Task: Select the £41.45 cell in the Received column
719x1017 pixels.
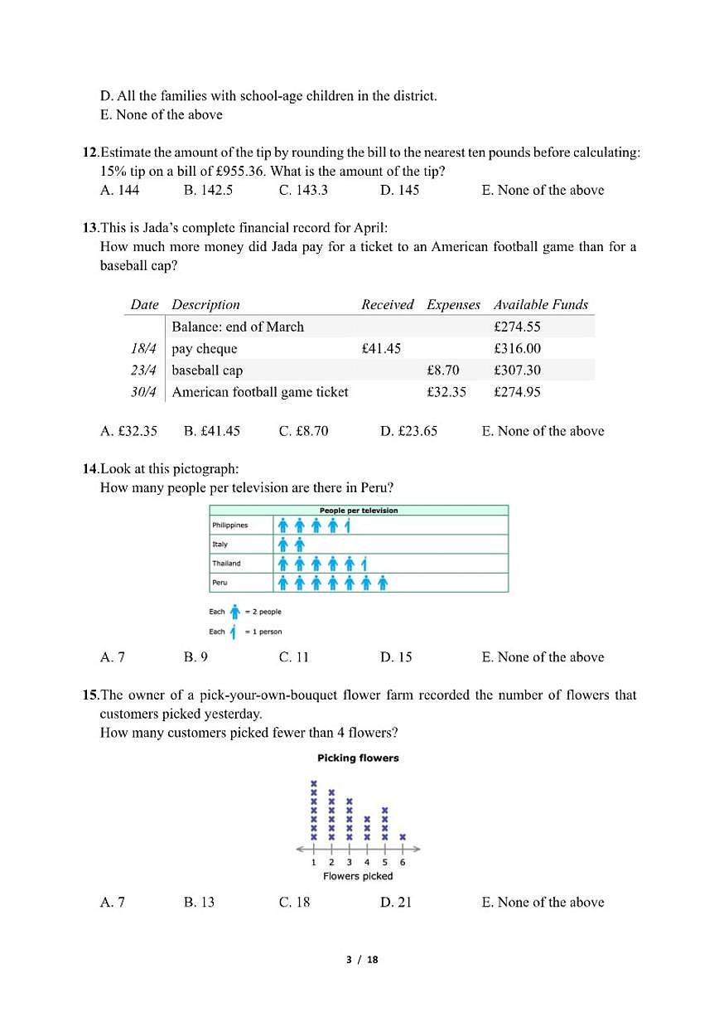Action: coord(381,349)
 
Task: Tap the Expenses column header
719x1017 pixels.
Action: coord(453,305)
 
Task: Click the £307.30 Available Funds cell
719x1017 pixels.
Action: coord(517,370)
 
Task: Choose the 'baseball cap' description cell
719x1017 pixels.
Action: coord(207,370)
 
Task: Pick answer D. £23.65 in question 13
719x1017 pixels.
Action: coord(408,431)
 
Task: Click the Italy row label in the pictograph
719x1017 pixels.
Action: coord(220,545)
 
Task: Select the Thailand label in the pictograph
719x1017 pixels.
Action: coord(226,564)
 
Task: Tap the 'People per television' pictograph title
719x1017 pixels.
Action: coord(359,511)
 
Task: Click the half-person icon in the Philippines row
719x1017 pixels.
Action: coord(349,525)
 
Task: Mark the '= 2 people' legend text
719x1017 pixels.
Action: coord(263,612)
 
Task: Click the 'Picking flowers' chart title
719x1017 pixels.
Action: coord(358,758)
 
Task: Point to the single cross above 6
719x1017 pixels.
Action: coord(403,837)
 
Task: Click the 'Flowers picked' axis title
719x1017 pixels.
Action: coord(358,876)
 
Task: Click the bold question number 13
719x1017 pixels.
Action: coord(89,226)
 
